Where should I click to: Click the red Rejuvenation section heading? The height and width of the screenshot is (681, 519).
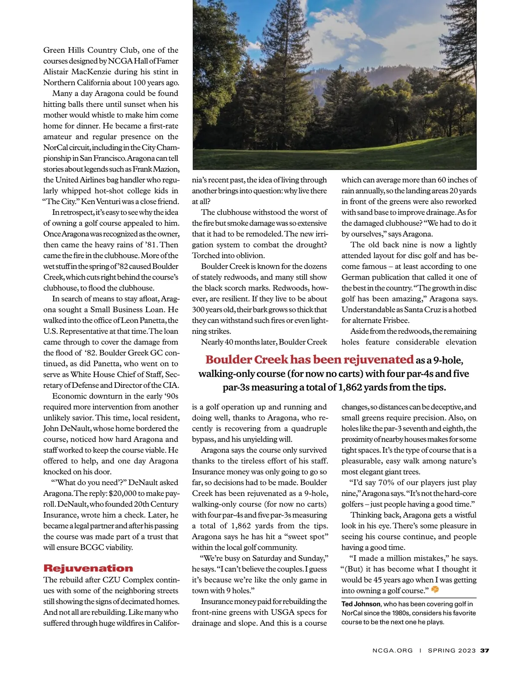click(x=88, y=568)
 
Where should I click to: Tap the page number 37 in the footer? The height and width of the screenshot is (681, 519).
click(x=484, y=650)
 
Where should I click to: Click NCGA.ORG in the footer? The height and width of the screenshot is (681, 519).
click(x=392, y=650)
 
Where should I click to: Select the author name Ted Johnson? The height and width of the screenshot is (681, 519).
click(x=361, y=604)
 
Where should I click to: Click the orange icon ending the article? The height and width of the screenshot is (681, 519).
click(x=435, y=590)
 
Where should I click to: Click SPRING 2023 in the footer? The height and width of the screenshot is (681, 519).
click(x=452, y=650)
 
